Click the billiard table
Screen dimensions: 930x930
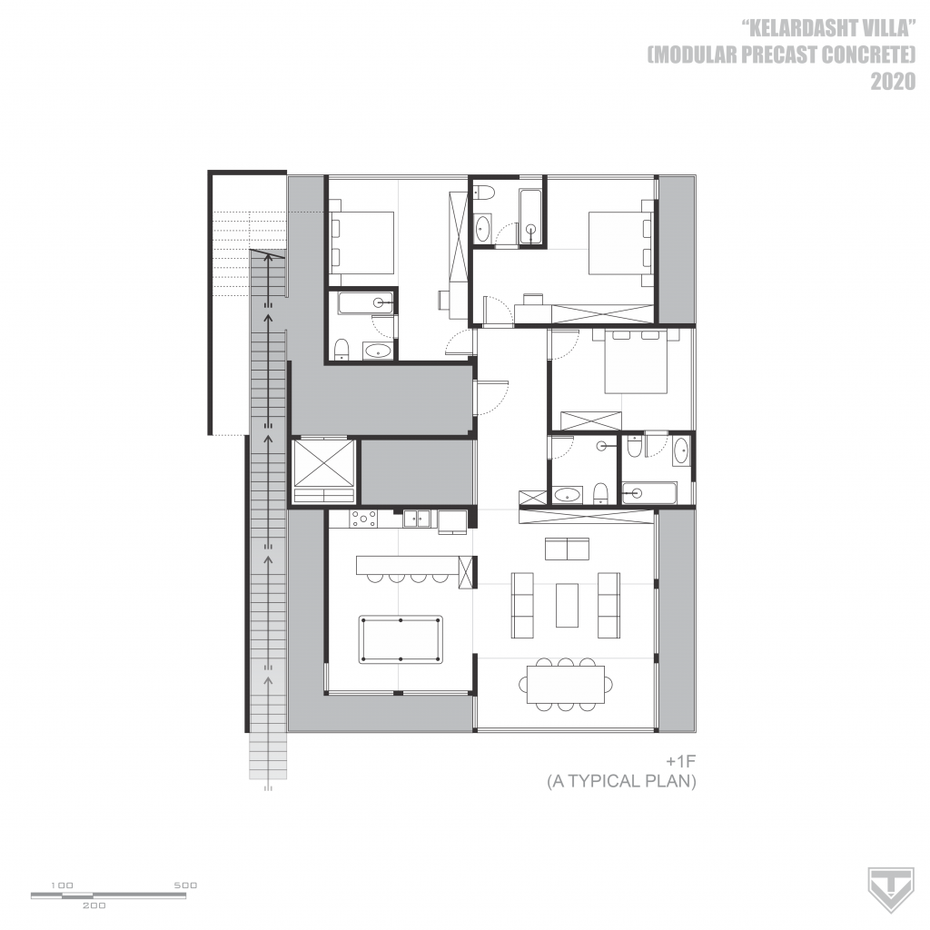pos(401,640)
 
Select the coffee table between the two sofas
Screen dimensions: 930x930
pos(567,605)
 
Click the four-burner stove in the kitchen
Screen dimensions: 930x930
pos(363,519)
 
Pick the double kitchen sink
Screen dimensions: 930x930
pos(417,519)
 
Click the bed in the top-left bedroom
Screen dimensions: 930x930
pos(361,242)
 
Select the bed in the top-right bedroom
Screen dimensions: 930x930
pos(618,242)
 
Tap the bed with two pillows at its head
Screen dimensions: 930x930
pos(636,361)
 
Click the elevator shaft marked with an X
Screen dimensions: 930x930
pos(323,463)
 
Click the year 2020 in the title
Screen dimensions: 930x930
pos(893,82)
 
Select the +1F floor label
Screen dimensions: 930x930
pos(680,762)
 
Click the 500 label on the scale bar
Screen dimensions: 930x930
pos(185,885)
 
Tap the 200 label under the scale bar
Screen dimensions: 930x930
pos(94,905)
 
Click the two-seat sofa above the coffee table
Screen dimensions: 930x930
pos(567,549)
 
